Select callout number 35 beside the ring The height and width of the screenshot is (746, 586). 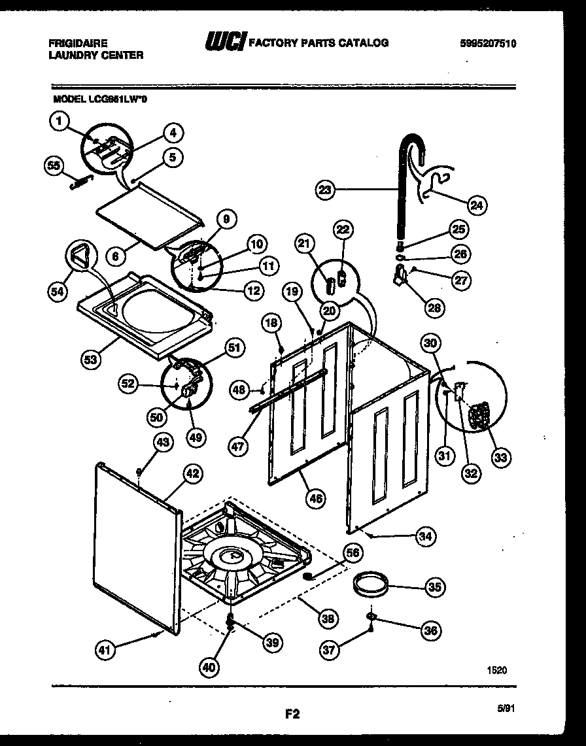[x=434, y=588]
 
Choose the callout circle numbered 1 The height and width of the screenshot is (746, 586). [x=58, y=120]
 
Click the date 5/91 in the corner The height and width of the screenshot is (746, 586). [x=505, y=708]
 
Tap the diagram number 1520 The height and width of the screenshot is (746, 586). [x=496, y=670]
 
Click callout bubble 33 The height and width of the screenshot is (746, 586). [x=500, y=457]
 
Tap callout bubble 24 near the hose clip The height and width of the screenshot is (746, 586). [x=477, y=205]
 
